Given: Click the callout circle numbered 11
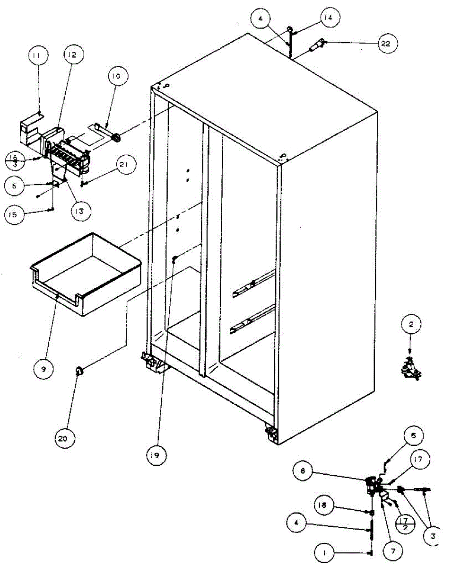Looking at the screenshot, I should pos(36,56).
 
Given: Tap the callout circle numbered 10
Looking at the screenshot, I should pos(116,75).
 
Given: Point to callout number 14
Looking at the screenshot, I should pos(328,18).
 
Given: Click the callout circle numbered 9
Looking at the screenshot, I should pos(43,368).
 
